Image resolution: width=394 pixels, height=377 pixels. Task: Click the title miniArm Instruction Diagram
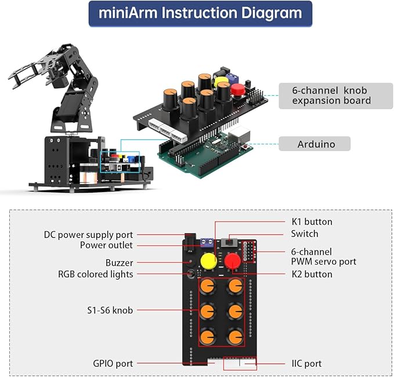[x=200, y=13]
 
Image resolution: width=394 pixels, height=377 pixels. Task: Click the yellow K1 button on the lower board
[x=208, y=261]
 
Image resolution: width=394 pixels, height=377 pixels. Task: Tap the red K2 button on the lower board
[x=233, y=261]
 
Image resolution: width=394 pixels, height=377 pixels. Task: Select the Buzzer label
[x=119, y=263]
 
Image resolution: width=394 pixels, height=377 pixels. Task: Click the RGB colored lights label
[x=96, y=274]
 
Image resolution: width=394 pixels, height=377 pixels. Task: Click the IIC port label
[x=306, y=364]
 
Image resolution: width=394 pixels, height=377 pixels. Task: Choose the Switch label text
[x=304, y=234]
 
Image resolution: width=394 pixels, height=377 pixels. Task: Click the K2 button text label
[x=312, y=274]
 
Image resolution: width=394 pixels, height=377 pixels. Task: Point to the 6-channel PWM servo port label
[x=323, y=257]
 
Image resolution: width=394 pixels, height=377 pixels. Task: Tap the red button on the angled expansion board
[x=237, y=89]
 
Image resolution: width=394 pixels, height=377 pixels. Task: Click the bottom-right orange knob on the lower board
[x=234, y=336]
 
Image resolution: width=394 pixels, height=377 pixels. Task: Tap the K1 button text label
[x=312, y=222]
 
